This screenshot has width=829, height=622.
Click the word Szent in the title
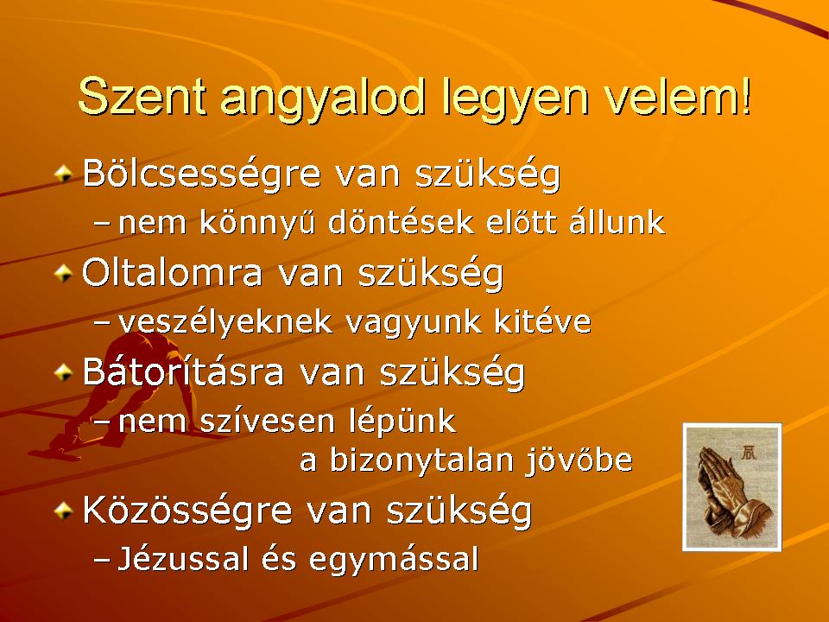click(142, 96)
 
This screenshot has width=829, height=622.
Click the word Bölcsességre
click(202, 175)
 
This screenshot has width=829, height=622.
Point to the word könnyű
click(257, 222)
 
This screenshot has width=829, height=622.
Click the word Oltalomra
click(173, 274)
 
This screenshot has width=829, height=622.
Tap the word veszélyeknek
click(225, 322)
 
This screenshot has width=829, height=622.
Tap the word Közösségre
click(187, 511)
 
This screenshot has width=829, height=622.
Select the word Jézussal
click(182, 559)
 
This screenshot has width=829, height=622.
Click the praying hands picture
click(732, 486)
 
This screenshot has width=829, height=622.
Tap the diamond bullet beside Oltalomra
click(63, 274)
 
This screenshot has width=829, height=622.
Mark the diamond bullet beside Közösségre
click(63, 511)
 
